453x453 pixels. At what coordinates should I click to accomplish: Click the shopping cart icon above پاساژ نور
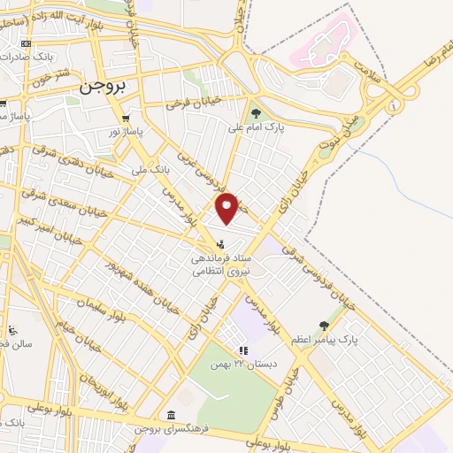129,118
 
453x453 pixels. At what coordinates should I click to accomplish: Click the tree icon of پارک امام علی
257,112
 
